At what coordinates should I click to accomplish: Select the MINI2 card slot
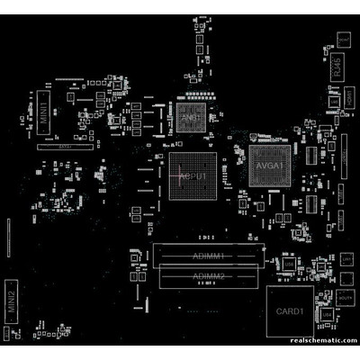pos(12,302)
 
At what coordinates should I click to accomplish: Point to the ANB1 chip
pos(190,118)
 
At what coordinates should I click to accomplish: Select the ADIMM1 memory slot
pos(207,256)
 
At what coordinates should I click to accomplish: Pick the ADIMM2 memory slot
pos(207,276)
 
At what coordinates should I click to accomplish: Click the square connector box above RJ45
pos(344,40)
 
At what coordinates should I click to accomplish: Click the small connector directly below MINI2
pos(11,334)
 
